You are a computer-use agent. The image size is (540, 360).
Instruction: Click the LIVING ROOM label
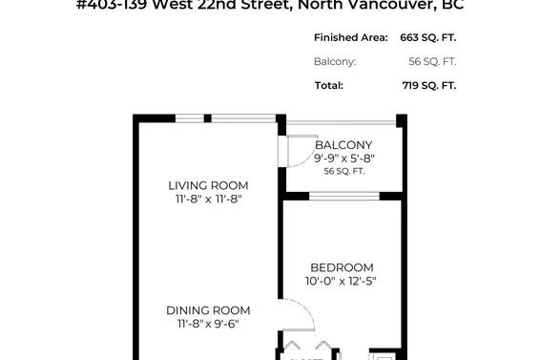(208, 185)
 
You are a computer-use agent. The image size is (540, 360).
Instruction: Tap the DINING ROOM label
(208, 310)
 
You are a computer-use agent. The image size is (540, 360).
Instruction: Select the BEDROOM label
(341, 267)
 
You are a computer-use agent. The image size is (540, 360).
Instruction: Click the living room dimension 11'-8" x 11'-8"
(208, 200)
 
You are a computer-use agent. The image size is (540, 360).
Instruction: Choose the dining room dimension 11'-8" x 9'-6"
(208, 325)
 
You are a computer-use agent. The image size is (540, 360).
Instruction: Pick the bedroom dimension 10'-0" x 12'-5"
(341, 282)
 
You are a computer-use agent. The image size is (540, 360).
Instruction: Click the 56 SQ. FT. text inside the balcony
(344, 172)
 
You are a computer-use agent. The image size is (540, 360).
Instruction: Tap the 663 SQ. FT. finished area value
(424, 37)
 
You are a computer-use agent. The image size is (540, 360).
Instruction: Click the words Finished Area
(350, 37)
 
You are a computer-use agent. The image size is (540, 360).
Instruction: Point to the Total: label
(329, 85)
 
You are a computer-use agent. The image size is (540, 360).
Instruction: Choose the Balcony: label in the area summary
(335, 61)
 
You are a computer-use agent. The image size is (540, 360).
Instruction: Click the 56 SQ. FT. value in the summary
(431, 61)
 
